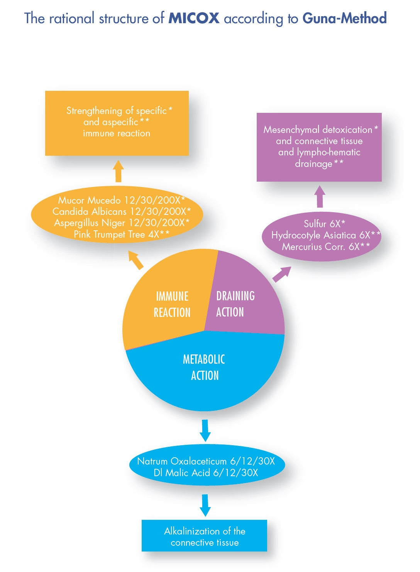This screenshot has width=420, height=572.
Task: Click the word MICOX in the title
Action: click(x=194, y=18)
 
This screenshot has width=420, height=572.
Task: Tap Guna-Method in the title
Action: click(x=344, y=18)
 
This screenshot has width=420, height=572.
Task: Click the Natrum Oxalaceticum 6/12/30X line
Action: click(x=206, y=461)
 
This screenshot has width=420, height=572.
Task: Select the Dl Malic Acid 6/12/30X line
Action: click(x=206, y=473)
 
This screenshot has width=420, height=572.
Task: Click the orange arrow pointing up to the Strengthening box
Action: click(x=119, y=171)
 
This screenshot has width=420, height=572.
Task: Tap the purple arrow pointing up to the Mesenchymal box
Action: click(x=320, y=196)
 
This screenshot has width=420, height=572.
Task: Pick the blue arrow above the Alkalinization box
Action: click(x=205, y=505)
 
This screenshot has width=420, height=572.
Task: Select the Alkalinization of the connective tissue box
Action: click(x=204, y=536)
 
